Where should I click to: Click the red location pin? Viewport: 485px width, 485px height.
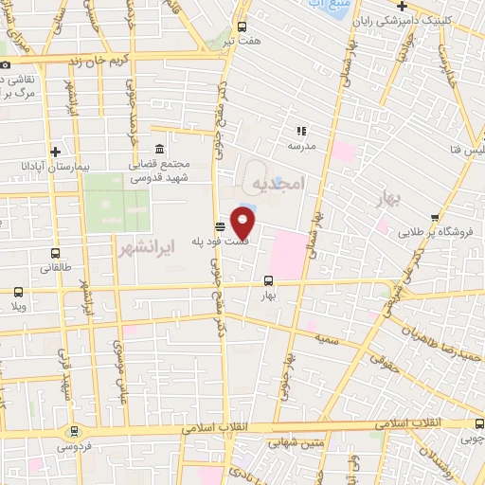[x=244, y=225]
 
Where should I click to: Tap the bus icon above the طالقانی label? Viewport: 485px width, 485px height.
[x=55, y=254]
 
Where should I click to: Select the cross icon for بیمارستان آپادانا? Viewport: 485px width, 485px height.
[x=56, y=152]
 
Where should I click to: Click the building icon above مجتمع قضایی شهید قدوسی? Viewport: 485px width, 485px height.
[x=157, y=150]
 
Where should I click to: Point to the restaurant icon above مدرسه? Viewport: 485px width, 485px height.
[x=301, y=132]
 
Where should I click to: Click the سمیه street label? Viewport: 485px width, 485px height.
[x=329, y=337]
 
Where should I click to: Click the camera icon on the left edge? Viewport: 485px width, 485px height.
[x=5, y=63]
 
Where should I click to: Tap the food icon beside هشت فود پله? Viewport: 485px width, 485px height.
[x=221, y=225]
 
